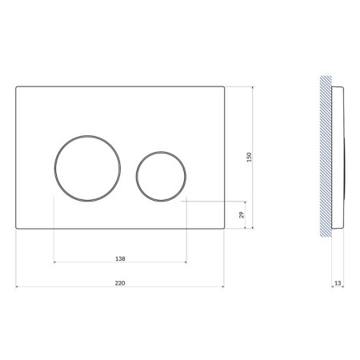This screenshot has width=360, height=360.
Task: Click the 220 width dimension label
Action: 120,283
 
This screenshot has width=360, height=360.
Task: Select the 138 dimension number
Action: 120,258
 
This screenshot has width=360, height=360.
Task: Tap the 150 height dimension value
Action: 249,158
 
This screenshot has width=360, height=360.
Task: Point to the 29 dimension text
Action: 242,214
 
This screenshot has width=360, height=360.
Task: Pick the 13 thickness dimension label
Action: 338,283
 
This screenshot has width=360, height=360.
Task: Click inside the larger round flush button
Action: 87,168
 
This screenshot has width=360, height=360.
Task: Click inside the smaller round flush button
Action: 161,176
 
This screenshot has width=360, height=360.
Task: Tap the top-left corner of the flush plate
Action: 16,86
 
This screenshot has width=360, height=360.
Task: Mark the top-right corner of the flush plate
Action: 224,86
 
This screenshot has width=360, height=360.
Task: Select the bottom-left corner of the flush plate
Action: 16,229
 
